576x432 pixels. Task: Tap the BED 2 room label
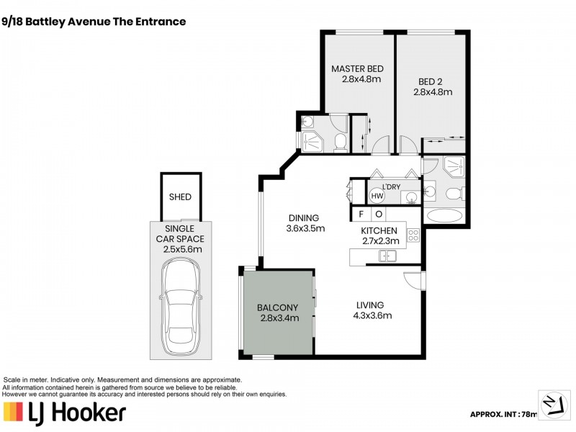432,81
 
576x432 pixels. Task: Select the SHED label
180,197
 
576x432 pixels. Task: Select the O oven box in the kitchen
379,215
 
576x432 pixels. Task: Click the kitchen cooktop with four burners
413,235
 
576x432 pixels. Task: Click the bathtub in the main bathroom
446,215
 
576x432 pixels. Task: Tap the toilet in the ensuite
338,142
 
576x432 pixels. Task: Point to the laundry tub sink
409,197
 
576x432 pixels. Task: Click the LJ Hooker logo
65,413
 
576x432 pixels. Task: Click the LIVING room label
369,305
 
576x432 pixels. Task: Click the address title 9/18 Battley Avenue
95,22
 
